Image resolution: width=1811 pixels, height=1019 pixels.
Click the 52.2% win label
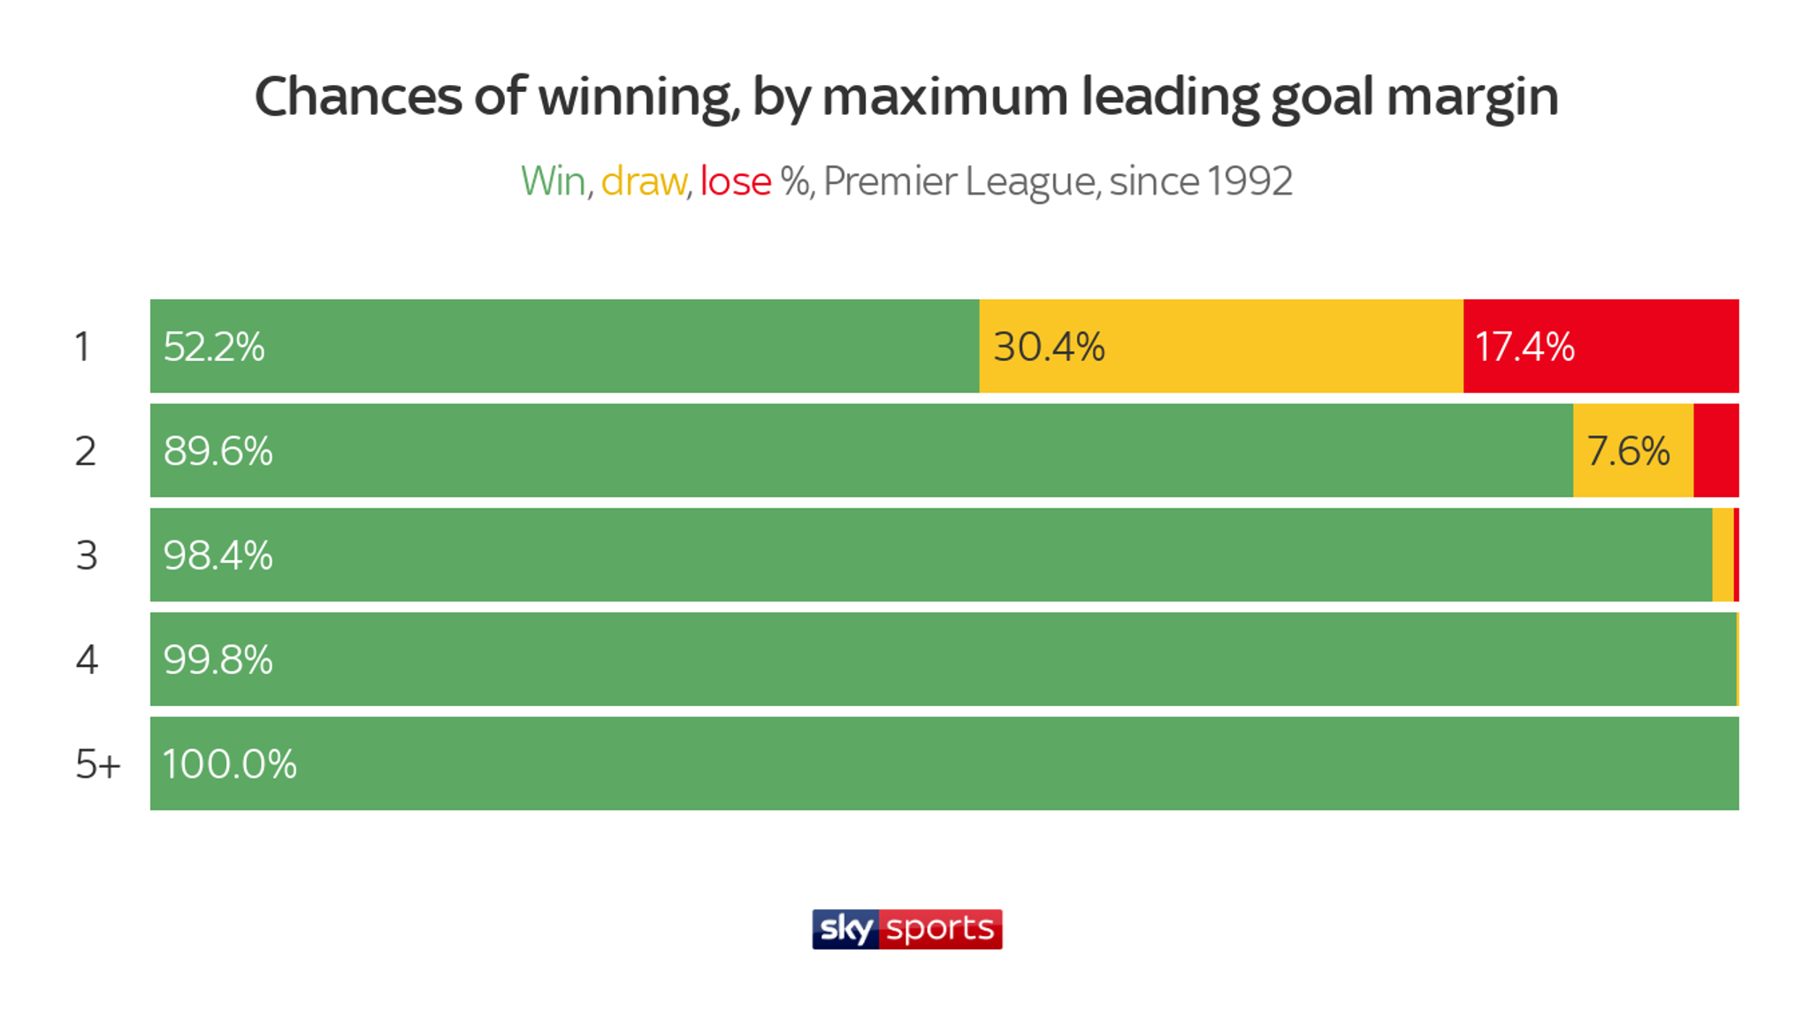click(214, 347)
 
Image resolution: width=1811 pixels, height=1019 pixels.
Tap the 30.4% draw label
click(1049, 347)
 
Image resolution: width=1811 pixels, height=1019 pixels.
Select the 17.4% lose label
click(1524, 347)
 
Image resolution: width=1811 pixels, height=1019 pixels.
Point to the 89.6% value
click(218, 451)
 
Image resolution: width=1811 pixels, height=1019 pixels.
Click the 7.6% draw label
click(1628, 451)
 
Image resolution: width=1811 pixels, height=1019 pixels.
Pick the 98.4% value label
click(218, 555)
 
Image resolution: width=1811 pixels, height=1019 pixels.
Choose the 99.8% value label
click(218, 660)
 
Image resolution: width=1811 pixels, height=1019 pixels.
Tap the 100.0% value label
click(229, 764)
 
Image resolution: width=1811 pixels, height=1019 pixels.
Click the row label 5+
click(97, 764)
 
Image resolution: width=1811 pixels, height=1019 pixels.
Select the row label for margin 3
click(87, 555)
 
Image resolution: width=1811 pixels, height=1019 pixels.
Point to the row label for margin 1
click(82, 347)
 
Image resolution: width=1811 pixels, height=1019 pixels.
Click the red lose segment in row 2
click(1715, 451)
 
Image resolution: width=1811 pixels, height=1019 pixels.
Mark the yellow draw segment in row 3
click(1723, 555)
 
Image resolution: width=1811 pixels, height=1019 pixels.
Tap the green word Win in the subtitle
click(553, 181)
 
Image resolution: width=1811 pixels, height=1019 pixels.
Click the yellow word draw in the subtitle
click(643, 181)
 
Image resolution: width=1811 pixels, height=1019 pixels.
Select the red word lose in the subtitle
click(736, 181)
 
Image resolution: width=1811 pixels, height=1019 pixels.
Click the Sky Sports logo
click(906, 929)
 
